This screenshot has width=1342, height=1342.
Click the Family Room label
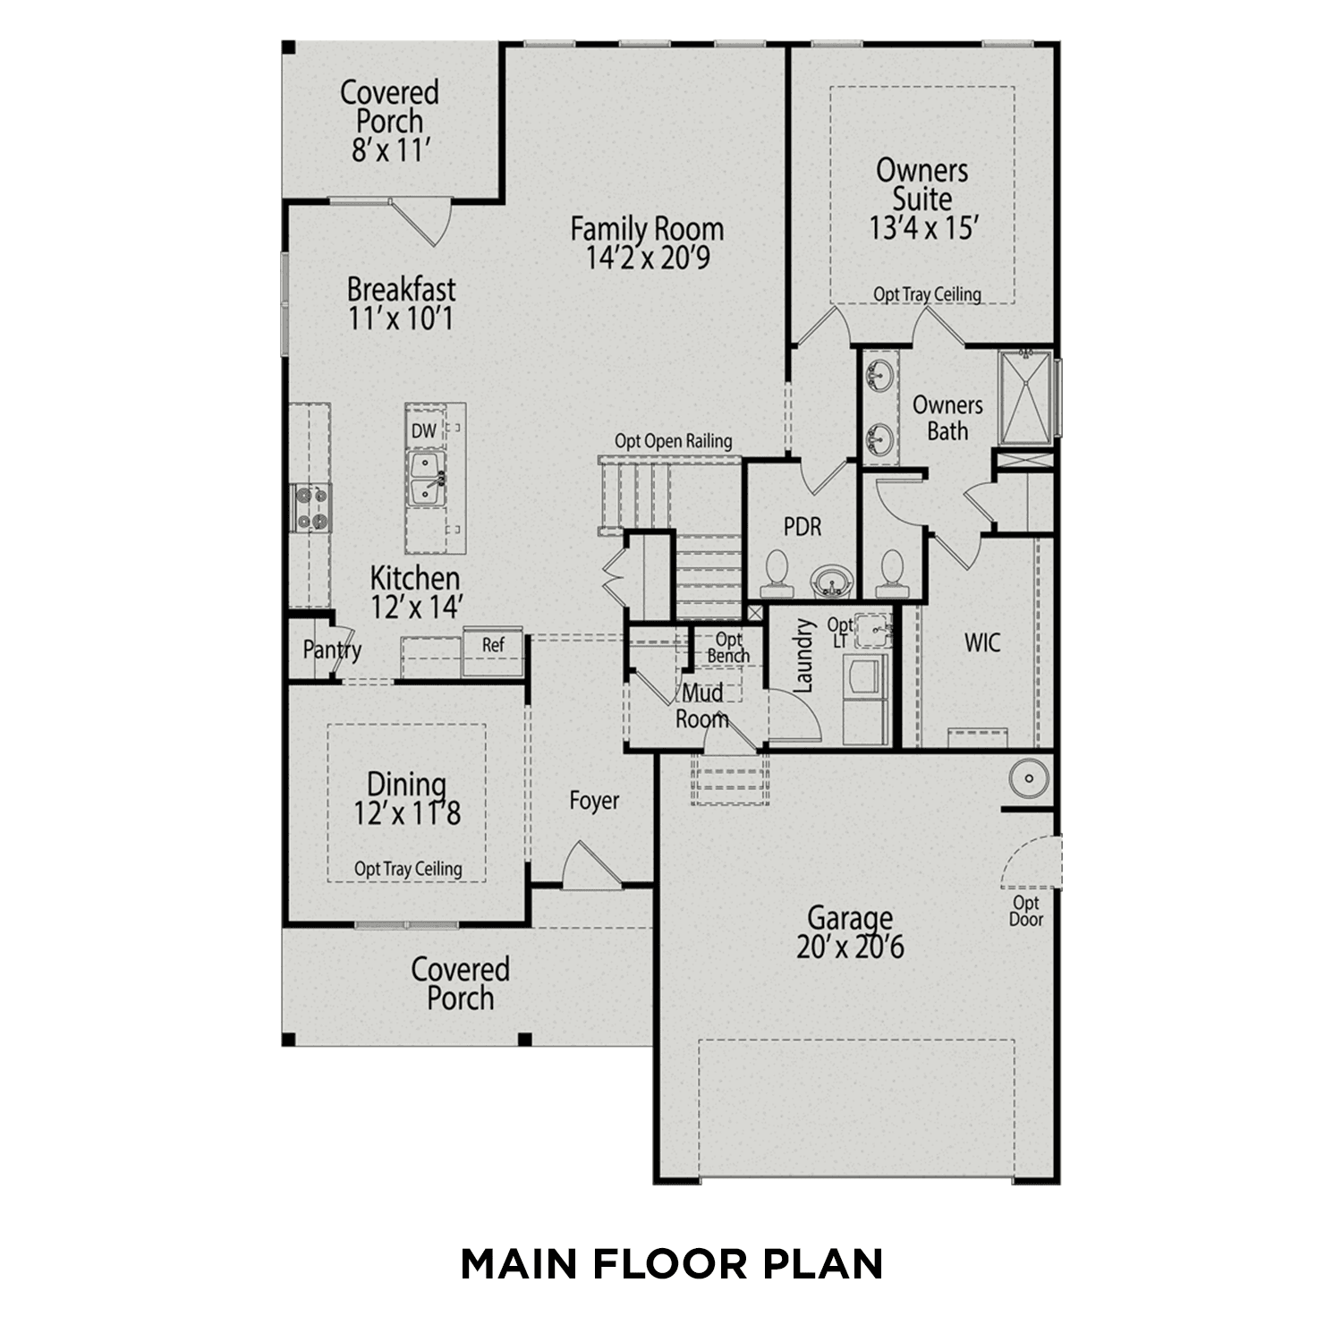[x=647, y=229]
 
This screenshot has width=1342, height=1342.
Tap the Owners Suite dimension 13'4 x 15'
[x=922, y=228]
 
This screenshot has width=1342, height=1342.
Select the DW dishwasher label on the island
[x=424, y=430]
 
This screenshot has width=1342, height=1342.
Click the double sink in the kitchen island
[x=426, y=479]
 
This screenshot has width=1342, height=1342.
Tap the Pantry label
[x=331, y=650]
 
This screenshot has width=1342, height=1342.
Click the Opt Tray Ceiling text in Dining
[x=408, y=869]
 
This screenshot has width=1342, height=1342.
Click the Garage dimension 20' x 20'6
[x=850, y=947]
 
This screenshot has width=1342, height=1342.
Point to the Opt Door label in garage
[x=1026, y=911]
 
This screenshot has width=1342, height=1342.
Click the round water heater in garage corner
[x=1029, y=777]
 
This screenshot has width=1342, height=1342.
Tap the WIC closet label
[x=981, y=642]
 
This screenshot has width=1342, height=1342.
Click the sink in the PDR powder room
[x=832, y=582]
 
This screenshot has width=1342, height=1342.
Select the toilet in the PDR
[x=776, y=573]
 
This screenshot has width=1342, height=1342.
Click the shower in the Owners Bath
[x=1025, y=396]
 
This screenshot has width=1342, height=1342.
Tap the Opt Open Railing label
[x=673, y=441]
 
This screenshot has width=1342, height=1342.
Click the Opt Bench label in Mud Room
[x=728, y=648]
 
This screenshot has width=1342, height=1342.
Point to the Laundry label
[x=803, y=657]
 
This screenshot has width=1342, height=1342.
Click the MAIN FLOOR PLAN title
[x=671, y=1263]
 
